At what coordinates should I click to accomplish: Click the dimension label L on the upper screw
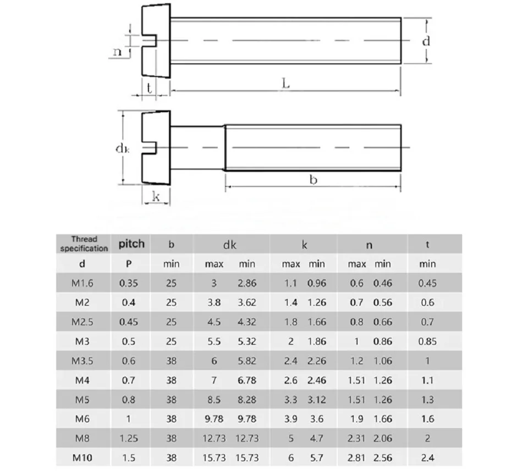285,83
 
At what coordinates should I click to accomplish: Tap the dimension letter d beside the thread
426,41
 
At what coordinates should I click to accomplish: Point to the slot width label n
117,52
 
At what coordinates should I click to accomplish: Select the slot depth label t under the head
149,88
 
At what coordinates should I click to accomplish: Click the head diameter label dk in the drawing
122,148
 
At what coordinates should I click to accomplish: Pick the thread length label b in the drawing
313,179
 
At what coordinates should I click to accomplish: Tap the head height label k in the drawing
156,196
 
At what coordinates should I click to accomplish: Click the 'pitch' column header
131,244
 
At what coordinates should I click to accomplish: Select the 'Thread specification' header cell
84,244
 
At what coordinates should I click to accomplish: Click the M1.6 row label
82,283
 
